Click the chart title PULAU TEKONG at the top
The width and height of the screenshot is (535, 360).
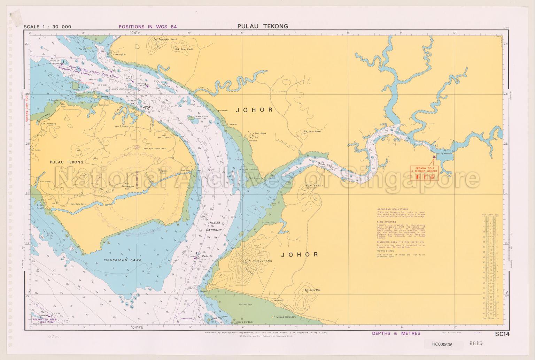point(263,26)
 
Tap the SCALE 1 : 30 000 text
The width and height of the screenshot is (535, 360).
point(47,27)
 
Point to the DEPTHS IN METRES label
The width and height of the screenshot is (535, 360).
point(396,333)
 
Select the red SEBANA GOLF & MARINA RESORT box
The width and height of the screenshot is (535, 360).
point(424,170)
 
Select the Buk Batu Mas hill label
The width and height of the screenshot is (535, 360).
point(312,290)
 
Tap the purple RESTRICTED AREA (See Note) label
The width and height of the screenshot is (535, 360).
point(45,320)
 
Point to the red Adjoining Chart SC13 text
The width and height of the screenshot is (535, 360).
point(26,108)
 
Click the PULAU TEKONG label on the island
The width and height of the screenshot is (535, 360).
point(66,162)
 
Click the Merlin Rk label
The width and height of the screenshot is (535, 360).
point(207,255)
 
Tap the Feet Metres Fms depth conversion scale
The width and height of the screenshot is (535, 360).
point(490,267)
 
